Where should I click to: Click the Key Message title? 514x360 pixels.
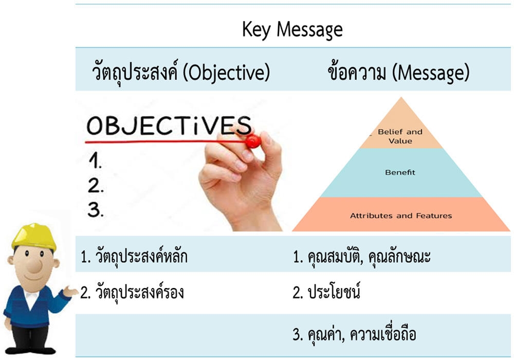tap(292, 30)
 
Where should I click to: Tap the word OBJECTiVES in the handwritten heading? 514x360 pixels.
tap(169, 126)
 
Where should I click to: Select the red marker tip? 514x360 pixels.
tap(253, 141)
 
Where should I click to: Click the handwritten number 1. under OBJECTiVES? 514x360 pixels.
tap(95, 161)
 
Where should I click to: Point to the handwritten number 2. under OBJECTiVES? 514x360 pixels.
tap(96, 185)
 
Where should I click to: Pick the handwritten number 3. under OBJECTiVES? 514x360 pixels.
tap(96, 209)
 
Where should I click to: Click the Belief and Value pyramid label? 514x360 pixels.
tap(400, 136)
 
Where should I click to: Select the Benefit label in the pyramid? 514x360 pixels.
tap(400, 172)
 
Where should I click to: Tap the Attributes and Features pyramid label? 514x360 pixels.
tap(401, 215)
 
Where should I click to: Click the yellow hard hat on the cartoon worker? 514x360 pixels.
tap(33, 237)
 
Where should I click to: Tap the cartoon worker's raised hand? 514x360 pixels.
tap(70, 291)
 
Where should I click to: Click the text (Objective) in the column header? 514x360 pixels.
tap(226, 73)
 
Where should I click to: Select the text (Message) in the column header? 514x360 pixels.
tap(431, 73)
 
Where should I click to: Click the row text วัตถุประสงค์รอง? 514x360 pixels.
tap(139, 292)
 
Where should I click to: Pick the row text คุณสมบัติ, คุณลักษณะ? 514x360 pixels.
tap(369, 257)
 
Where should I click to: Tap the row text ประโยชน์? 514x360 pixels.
tap(334, 291)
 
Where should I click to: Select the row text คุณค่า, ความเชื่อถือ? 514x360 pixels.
tap(362, 334)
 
